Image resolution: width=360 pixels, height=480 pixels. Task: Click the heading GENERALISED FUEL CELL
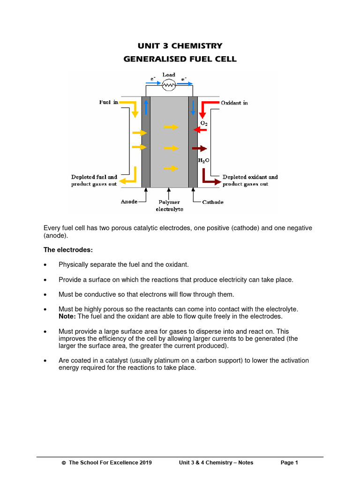pos(180,59)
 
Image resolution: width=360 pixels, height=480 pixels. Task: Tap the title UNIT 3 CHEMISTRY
pos(180,46)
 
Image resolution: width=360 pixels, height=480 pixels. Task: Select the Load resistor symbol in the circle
pos(169,85)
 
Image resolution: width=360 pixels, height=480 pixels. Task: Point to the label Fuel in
pos(108,103)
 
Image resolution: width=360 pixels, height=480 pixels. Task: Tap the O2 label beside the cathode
pos(204,123)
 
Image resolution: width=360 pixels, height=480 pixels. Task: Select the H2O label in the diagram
pos(204,160)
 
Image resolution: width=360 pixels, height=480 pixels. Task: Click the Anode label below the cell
pos(129,202)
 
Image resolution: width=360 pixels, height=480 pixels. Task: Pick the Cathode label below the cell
pos(213,202)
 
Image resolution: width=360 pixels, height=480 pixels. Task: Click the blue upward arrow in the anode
pos(146,107)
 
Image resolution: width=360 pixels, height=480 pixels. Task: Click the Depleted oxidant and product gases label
pos(250,180)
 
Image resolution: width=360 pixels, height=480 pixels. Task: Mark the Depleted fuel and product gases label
pos(94,180)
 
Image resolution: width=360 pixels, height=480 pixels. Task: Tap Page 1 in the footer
pos(289,463)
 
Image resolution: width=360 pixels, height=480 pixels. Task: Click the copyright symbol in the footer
pos(64,463)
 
